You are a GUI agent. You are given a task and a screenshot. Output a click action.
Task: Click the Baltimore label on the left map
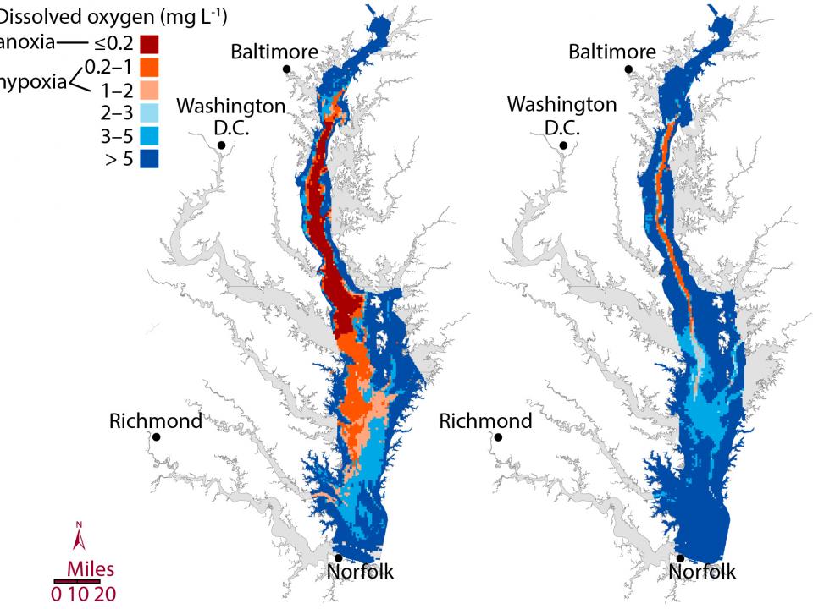[274, 52]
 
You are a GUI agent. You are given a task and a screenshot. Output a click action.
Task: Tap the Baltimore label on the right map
[611, 52]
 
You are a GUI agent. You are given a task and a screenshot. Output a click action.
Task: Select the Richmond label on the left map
[156, 420]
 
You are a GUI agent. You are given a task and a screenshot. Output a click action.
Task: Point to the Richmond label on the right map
[486, 420]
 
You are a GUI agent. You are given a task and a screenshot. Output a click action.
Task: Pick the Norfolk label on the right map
[702, 573]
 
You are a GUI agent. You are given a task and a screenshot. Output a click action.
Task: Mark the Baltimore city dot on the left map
[288, 69]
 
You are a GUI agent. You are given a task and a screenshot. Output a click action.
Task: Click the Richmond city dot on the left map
[157, 437]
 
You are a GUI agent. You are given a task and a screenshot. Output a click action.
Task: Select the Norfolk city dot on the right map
[680, 558]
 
